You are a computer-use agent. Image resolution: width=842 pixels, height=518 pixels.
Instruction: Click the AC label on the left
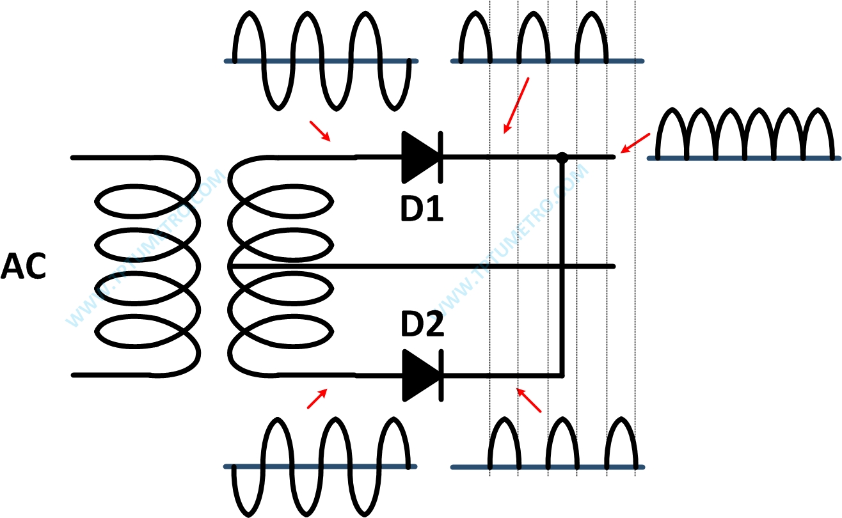tap(24, 266)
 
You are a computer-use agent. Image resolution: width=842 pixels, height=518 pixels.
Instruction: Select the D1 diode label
tap(422, 208)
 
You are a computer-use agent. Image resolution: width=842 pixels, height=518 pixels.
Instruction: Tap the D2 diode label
tap(422, 326)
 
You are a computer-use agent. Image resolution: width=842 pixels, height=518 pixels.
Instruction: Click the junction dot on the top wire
tap(562, 157)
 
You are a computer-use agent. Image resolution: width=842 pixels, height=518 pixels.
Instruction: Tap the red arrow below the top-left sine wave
tap(320, 131)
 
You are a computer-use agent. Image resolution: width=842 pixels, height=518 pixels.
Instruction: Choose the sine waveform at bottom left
tap(320, 466)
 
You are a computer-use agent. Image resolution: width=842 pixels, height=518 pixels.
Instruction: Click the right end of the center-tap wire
tap(612, 266)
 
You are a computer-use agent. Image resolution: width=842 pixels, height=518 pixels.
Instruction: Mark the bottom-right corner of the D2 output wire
tap(562, 375)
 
